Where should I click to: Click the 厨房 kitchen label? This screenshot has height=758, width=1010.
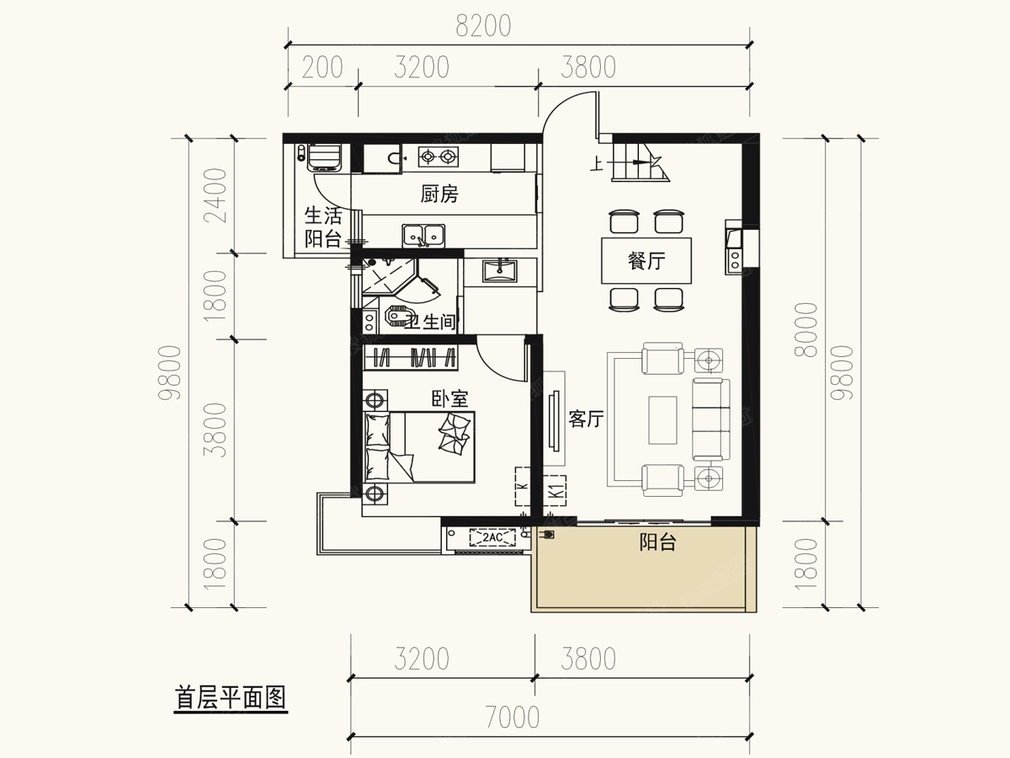(439, 195)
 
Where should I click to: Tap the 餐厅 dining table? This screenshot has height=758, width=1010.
(646, 262)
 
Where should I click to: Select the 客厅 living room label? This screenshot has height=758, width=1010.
(586, 419)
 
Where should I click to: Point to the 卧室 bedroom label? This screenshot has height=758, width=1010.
(449, 398)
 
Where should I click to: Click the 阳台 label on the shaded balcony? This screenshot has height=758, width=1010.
(657, 543)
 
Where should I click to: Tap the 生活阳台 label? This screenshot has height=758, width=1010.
(322, 227)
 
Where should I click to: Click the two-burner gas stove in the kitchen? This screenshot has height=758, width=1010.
(439, 156)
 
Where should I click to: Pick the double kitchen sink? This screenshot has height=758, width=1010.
(423, 235)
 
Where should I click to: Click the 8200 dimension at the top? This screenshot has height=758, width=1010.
(483, 27)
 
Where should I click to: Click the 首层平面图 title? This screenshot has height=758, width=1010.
(231, 698)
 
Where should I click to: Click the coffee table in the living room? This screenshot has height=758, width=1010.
(663, 419)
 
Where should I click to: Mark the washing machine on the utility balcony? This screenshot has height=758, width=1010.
(324, 157)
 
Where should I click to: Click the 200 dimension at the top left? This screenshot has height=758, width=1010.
(322, 67)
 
